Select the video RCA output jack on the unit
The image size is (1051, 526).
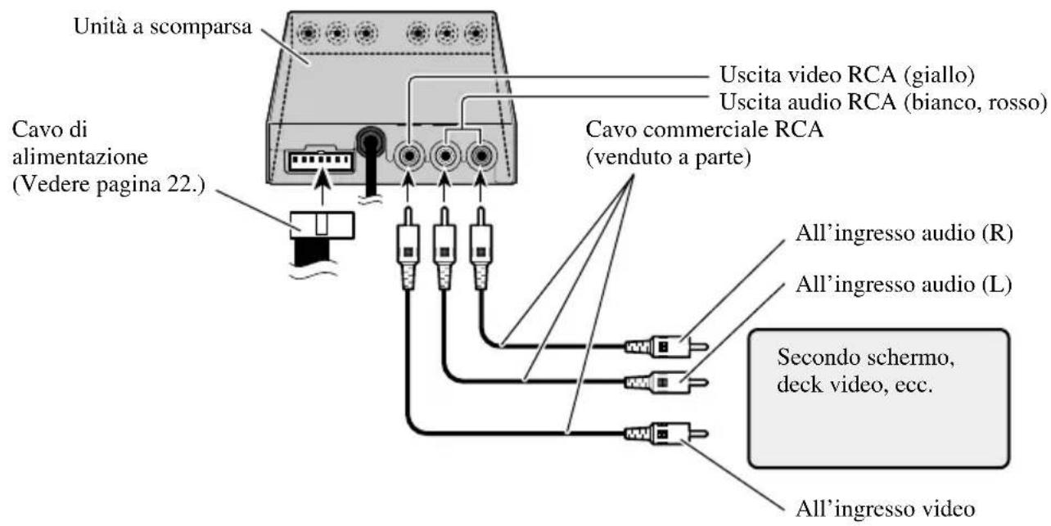coord(407,154)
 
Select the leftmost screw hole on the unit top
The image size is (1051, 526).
coord(309,34)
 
